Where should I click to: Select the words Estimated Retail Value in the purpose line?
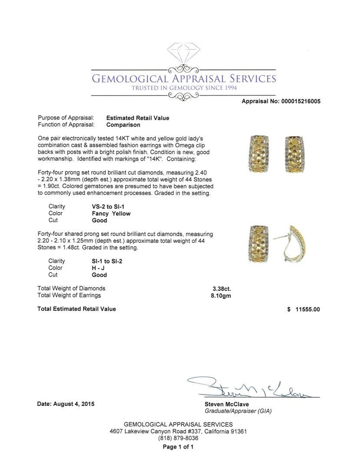pyautogui.click(x=138, y=118)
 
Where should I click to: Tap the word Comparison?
pyautogui.click(x=123, y=125)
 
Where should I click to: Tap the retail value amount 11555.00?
pyautogui.click(x=307, y=309)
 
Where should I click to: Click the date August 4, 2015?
pyautogui.click(x=66, y=404)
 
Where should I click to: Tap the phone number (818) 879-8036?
pyautogui.click(x=178, y=439)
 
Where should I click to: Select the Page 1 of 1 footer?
pyautogui.click(x=178, y=447)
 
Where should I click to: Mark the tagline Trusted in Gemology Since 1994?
pyautogui.click(x=184, y=88)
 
